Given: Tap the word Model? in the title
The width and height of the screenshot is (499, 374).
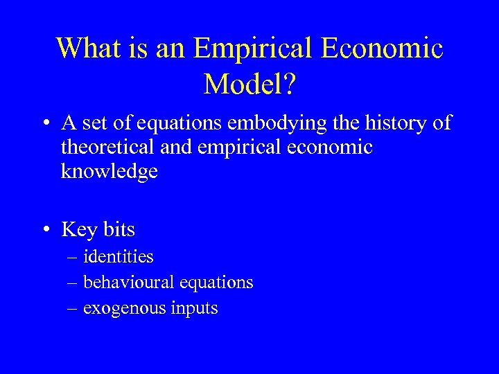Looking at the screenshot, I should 250,84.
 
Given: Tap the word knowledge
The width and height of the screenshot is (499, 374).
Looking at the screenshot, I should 110,172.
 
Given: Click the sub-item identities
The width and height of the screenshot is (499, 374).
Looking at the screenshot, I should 119,257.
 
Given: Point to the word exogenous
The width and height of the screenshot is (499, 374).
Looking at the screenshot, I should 123,308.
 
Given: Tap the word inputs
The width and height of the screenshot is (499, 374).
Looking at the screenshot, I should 195,308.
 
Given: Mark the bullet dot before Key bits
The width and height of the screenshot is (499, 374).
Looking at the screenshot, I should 44,230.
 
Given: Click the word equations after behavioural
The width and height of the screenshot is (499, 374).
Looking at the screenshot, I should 216,283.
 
